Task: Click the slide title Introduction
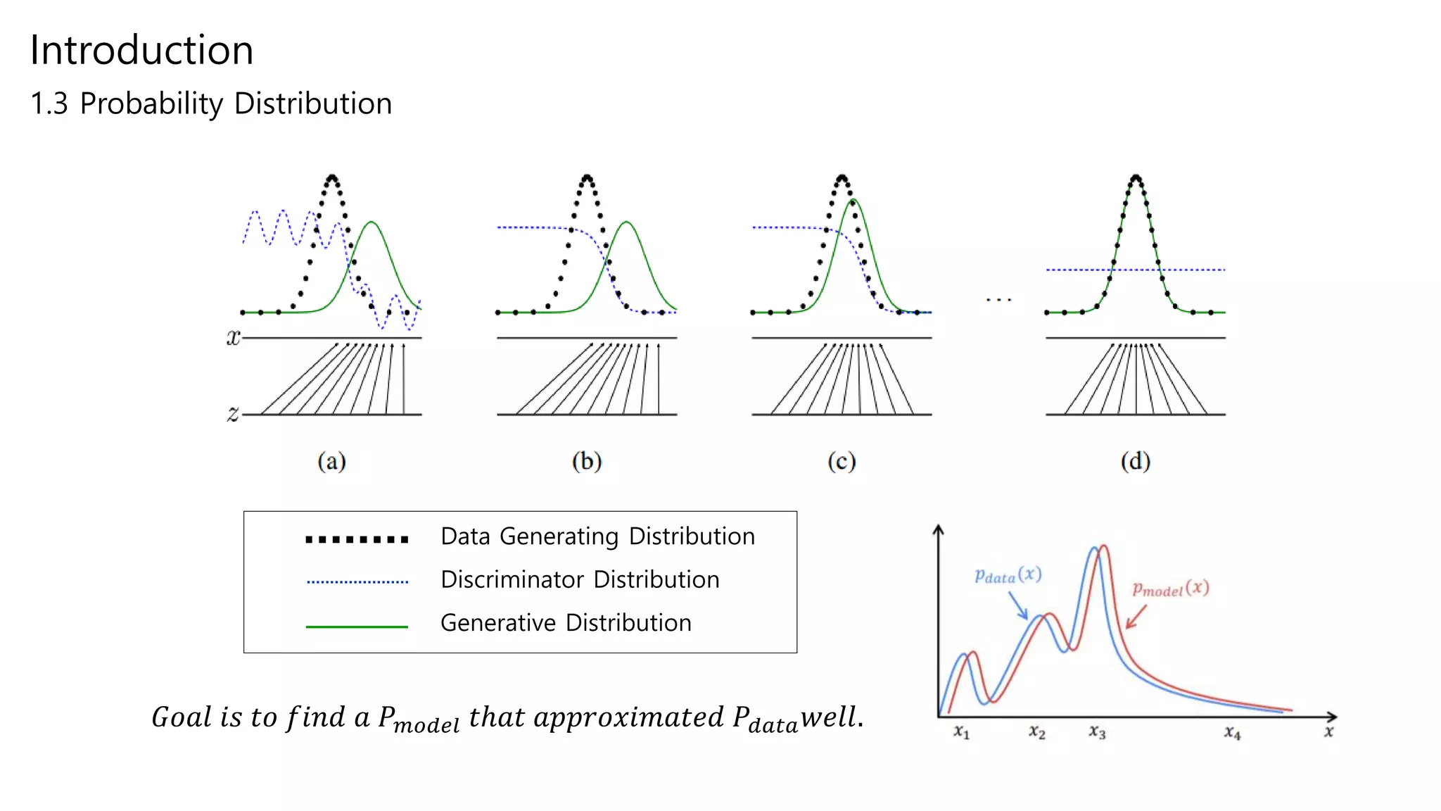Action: [141, 51]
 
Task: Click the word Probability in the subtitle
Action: [151, 104]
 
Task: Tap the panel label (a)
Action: [331, 462]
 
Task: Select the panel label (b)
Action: [587, 462]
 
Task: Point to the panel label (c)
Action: [842, 462]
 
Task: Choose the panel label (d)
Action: [1135, 462]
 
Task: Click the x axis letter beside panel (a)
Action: [233, 338]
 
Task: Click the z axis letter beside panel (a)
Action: [233, 413]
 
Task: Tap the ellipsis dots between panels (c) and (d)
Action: [998, 300]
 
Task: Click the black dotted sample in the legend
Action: [357, 540]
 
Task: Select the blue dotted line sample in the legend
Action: [357, 582]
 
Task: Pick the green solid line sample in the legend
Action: [357, 626]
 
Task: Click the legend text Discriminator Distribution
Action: [580, 580]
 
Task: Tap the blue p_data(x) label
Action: [1008, 575]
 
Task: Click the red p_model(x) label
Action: [1170, 589]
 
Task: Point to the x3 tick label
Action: [1097, 732]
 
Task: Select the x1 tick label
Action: [961, 732]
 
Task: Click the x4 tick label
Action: [1232, 732]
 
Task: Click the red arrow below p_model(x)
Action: [1136, 617]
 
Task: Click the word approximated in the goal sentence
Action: [628, 717]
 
